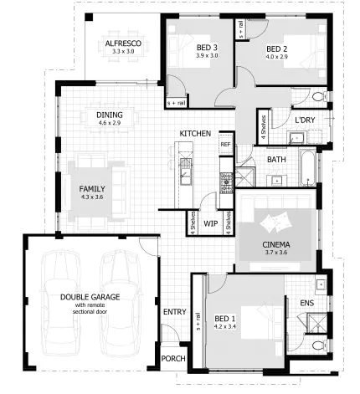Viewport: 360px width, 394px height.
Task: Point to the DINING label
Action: [x=110, y=115]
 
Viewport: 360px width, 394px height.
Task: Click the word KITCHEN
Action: [x=194, y=134]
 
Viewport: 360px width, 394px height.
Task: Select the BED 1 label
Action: [x=224, y=319]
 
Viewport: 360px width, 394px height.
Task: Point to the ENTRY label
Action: [x=174, y=312]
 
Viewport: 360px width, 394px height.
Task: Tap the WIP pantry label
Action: [x=210, y=223]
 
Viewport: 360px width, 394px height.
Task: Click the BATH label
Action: [x=277, y=159]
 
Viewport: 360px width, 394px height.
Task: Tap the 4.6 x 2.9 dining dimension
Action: [x=110, y=123]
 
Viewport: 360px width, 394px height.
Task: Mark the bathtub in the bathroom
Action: [x=307, y=167]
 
